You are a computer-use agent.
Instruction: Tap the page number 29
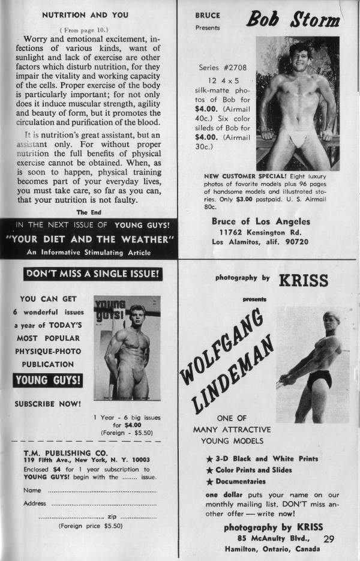tap(329, 539)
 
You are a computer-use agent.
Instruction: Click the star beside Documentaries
tap(209, 481)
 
